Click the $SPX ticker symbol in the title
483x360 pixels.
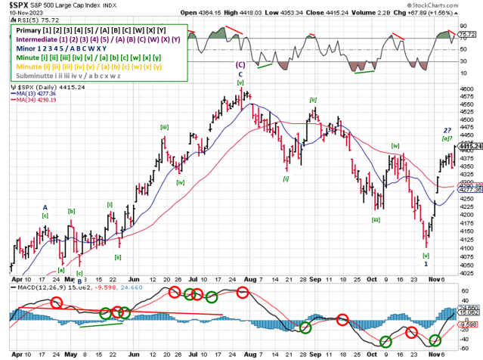pyautogui.click(x=17, y=5)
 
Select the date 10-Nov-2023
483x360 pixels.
pyautogui.click(x=23, y=13)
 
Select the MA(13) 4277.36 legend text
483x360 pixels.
pyautogui.click(x=48, y=93)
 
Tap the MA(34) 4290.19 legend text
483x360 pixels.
pyautogui.click(x=48, y=100)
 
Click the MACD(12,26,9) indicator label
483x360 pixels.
pyautogui.click(x=34, y=287)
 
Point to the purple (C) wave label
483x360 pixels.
pyautogui.click(x=240, y=66)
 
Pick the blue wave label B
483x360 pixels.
pyautogui.click(x=79, y=281)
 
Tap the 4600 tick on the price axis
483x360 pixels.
pyautogui.click(x=467, y=88)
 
